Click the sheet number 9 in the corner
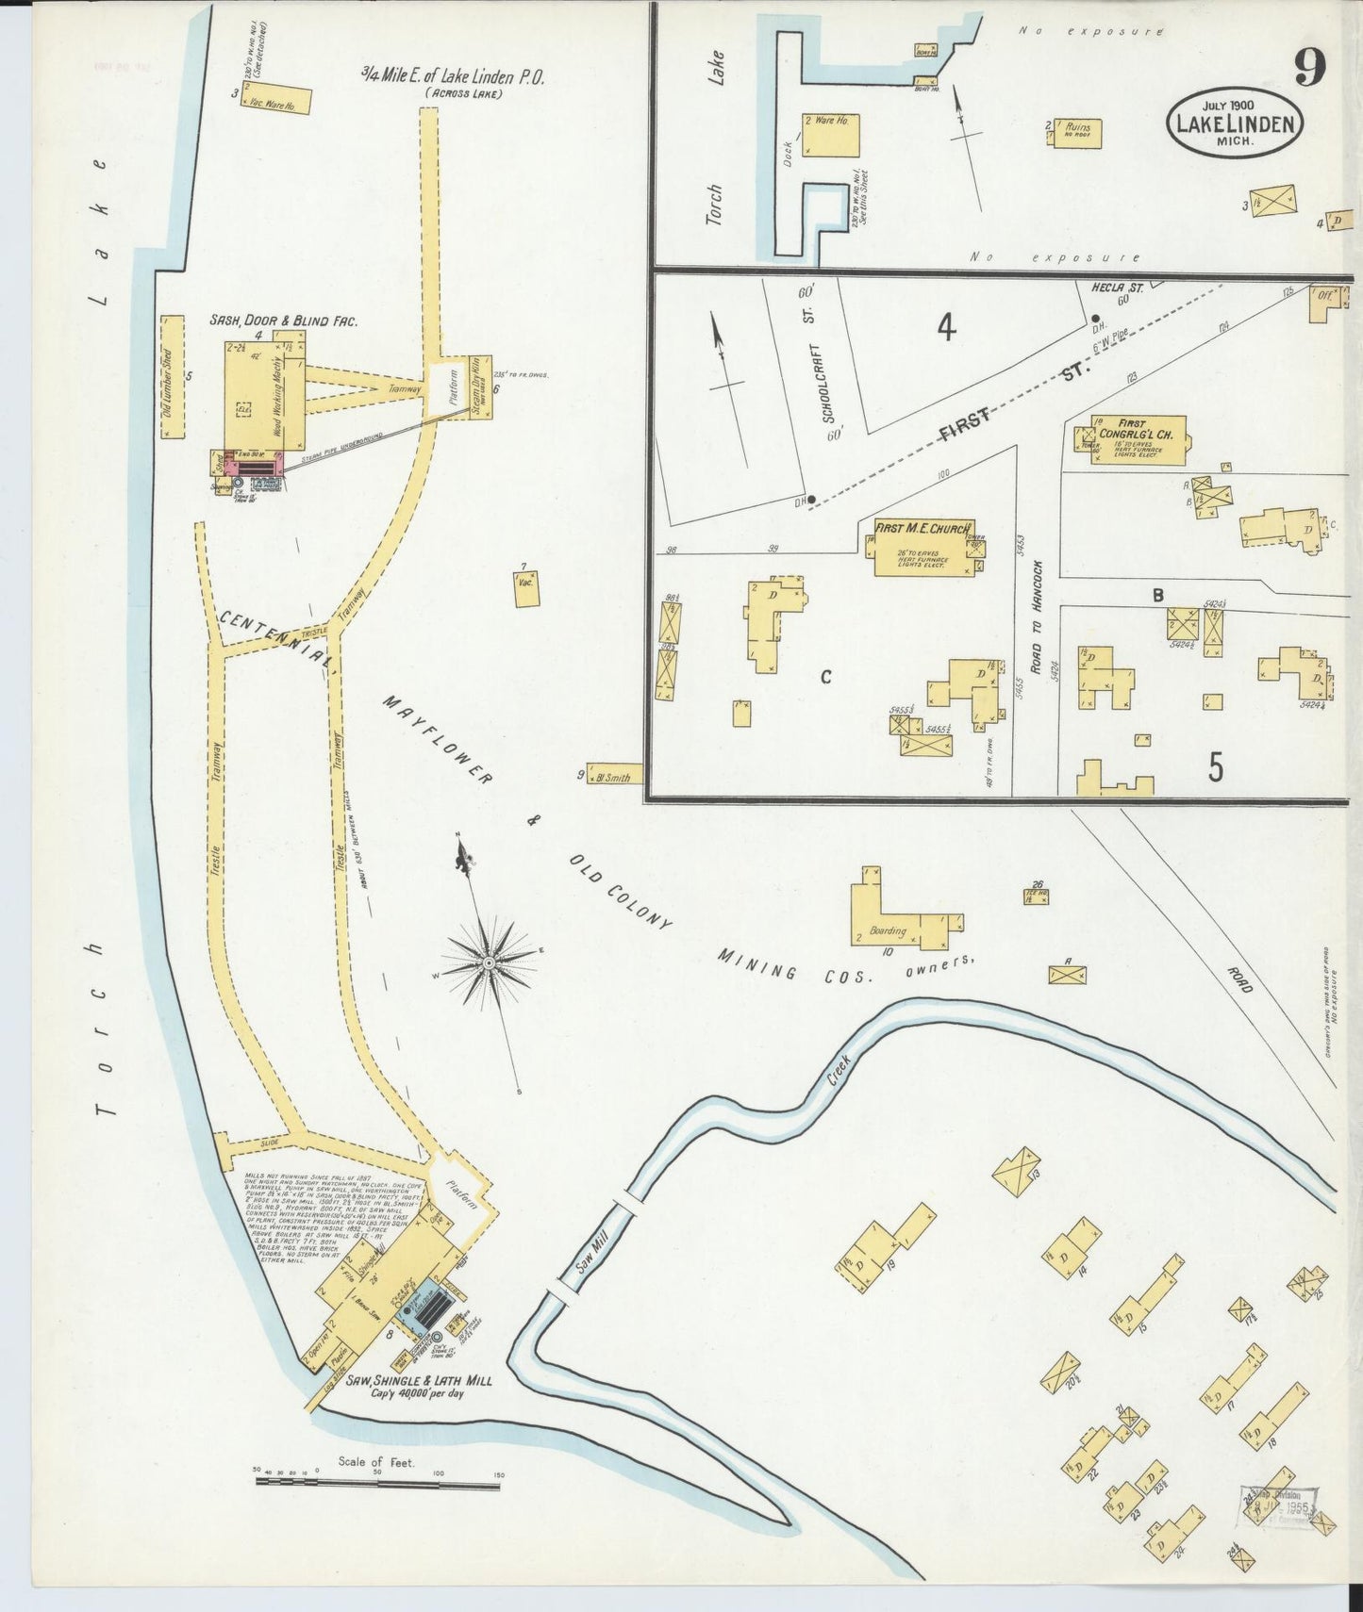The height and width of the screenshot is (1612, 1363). tap(1310, 67)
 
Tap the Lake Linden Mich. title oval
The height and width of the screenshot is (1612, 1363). tap(1235, 123)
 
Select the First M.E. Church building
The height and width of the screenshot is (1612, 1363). tap(923, 549)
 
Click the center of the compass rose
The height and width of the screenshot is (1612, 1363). tap(490, 963)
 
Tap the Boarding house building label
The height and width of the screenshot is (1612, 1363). tap(887, 930)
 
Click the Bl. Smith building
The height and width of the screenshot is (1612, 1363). tap(615, 776)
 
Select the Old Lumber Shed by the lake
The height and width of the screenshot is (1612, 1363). tap(171, 377)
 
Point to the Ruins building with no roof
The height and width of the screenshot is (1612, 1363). tap(1078, 133)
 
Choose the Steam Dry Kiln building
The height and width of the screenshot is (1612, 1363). tap(480, 386)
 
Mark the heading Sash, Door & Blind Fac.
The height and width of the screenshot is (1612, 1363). tap(283, 321)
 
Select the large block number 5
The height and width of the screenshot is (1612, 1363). tap(1215, 766)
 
